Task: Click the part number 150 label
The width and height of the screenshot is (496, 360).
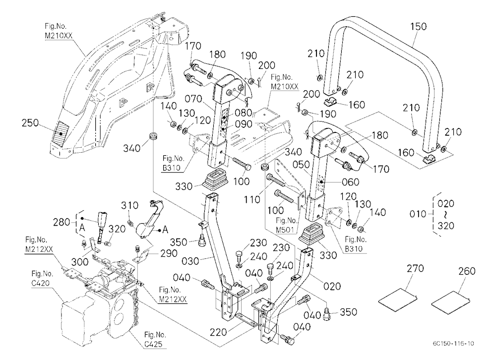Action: [x=418, y=27]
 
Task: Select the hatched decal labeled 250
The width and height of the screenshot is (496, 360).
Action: [x=61, y=133]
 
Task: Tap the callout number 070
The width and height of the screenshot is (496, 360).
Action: [x=193, y=99]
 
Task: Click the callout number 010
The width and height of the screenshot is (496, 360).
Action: [x=418, y=214]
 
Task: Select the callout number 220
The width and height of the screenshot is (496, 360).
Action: [x=218, y=332]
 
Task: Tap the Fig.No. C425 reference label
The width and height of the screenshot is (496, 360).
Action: [x=155, y=339]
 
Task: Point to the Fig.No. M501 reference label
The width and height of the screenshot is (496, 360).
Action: [x=287, y=225]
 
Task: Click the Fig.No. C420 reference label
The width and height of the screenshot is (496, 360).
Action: [x=42, y=278]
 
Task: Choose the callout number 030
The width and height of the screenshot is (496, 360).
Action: [x=190, y=261]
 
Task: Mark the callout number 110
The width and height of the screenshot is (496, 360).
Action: [x=252, y=200]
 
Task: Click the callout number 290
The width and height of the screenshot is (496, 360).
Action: [x=169, y=253]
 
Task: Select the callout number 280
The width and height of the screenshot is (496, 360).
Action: [x=62, y=222]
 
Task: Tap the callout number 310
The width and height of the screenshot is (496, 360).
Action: [x=129, y=205]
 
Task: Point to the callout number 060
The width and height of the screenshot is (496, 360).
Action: [x=351, y=182]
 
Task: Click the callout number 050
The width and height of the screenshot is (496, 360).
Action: [x=301, y=165]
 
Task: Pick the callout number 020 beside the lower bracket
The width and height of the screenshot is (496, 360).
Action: [x=332, y=286]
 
